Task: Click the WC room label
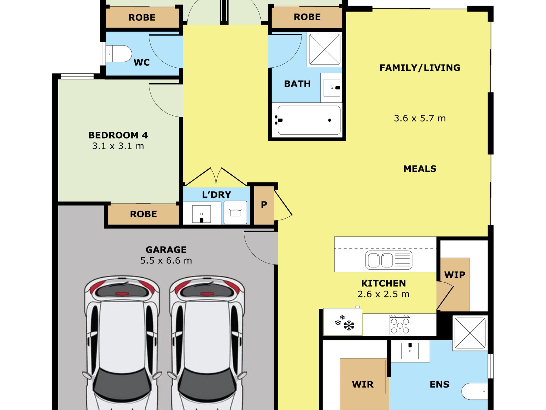coord(142,62)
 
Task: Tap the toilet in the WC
coord(119,54)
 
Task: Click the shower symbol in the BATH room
coord(324,49)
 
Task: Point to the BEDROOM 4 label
coord(118,135)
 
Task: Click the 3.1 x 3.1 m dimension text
coord(118,146)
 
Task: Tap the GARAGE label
coord(166,249)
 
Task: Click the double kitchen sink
coord(389,260)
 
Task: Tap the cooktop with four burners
coord(400,325)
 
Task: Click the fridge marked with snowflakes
coord(343,322)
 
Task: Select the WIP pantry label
coord(455,274)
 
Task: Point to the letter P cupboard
coord(264,205)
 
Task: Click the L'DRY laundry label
coord(216,195)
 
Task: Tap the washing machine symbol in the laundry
coord(235,212)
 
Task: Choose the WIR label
coord(363,384)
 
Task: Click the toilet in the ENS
coord(474,391)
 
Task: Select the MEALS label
coord(420,169)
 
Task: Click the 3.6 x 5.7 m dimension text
coord(420,118)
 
